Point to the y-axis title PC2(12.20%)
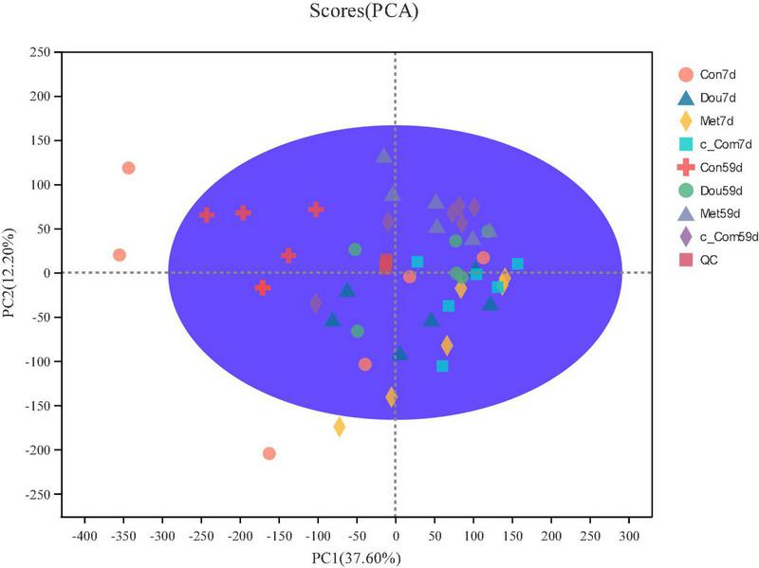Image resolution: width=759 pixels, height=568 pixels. pyautogui.click(x=12, y=273)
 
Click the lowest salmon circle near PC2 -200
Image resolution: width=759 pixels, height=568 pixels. pyautogui.click(x=269, y=453)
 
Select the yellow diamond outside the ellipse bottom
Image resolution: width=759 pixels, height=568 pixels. pyautogui.click(x=339, y=427)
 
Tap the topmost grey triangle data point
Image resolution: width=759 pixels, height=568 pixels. pyautogui.click(x=383, y=156)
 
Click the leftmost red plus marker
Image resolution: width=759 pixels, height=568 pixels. pyautogui.click(x=206, y=215)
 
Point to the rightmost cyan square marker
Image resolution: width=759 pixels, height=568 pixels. pyautogui.click(x=517, y=265)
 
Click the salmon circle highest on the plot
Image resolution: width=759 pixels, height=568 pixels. pyautogui.click(x=128, y=168)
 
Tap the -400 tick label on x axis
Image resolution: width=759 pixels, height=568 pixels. pyautogui.click(x=84, y=535)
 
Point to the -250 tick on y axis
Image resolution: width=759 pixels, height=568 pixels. pyautogui.click(x=37, y=494)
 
